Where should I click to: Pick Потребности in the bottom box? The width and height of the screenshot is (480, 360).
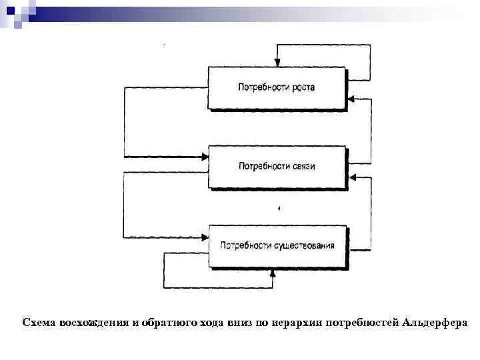(x=245, y=245)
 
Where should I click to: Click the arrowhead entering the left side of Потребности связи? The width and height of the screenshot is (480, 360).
(x=205, y=157)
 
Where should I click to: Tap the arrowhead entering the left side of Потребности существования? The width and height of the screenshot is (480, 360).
(x=205, y=236)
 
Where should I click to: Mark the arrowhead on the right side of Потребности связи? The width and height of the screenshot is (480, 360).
(x=352, y=177)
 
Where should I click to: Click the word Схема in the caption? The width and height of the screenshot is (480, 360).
(x=39, y=323)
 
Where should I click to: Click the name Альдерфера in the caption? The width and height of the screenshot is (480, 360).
(x=435, y=323)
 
